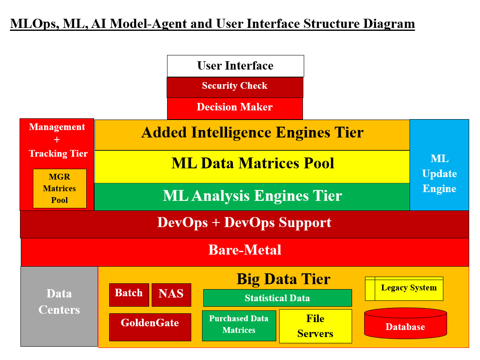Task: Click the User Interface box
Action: coord(235,66)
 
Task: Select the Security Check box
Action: coord(235,87)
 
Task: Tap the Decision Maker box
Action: coord(235,108)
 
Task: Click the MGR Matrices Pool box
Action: coord(60,188)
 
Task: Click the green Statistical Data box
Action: coord(277,298)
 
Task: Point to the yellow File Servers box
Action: coord(315,326)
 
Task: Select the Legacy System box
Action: coord(404,288)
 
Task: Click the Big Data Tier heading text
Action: coord(283,279)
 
